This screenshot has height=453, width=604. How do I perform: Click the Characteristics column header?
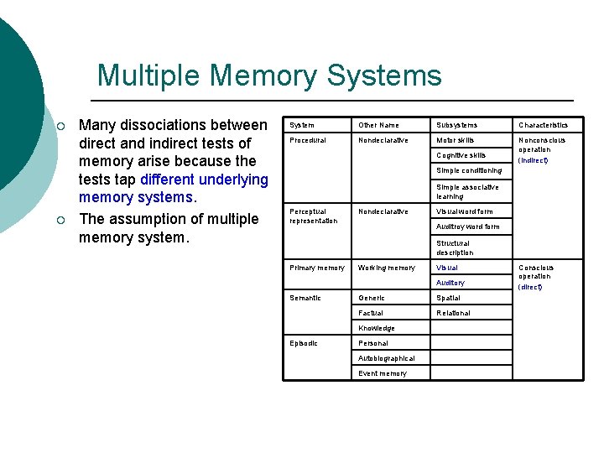click(x=543, y=125)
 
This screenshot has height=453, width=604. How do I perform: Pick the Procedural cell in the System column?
click(x=308, y=140)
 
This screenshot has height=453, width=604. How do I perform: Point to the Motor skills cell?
click(x=455, y=140)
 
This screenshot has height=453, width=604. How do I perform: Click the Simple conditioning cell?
click(x=469, y=170)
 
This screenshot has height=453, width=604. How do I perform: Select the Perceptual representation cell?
click(x=313, y=216)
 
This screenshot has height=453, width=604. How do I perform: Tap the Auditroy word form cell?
click(x=467, y=226)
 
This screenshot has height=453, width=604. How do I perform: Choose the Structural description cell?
click(x=454, y=247)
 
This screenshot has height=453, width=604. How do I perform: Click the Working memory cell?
click(x=386, y=268)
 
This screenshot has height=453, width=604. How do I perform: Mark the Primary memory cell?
click(x=316, y=268)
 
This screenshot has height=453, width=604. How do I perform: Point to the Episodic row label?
click(x=305, y=343)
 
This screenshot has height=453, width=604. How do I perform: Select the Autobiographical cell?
click(x=386, y=358)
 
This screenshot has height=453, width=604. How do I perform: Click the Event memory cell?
click(x=383, y=373)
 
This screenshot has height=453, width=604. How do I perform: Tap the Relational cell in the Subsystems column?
click(x=453, y=313)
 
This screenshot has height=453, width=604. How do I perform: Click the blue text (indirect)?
click(x=533, y=160)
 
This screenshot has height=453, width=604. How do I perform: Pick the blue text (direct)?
click(x=530, y=287)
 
